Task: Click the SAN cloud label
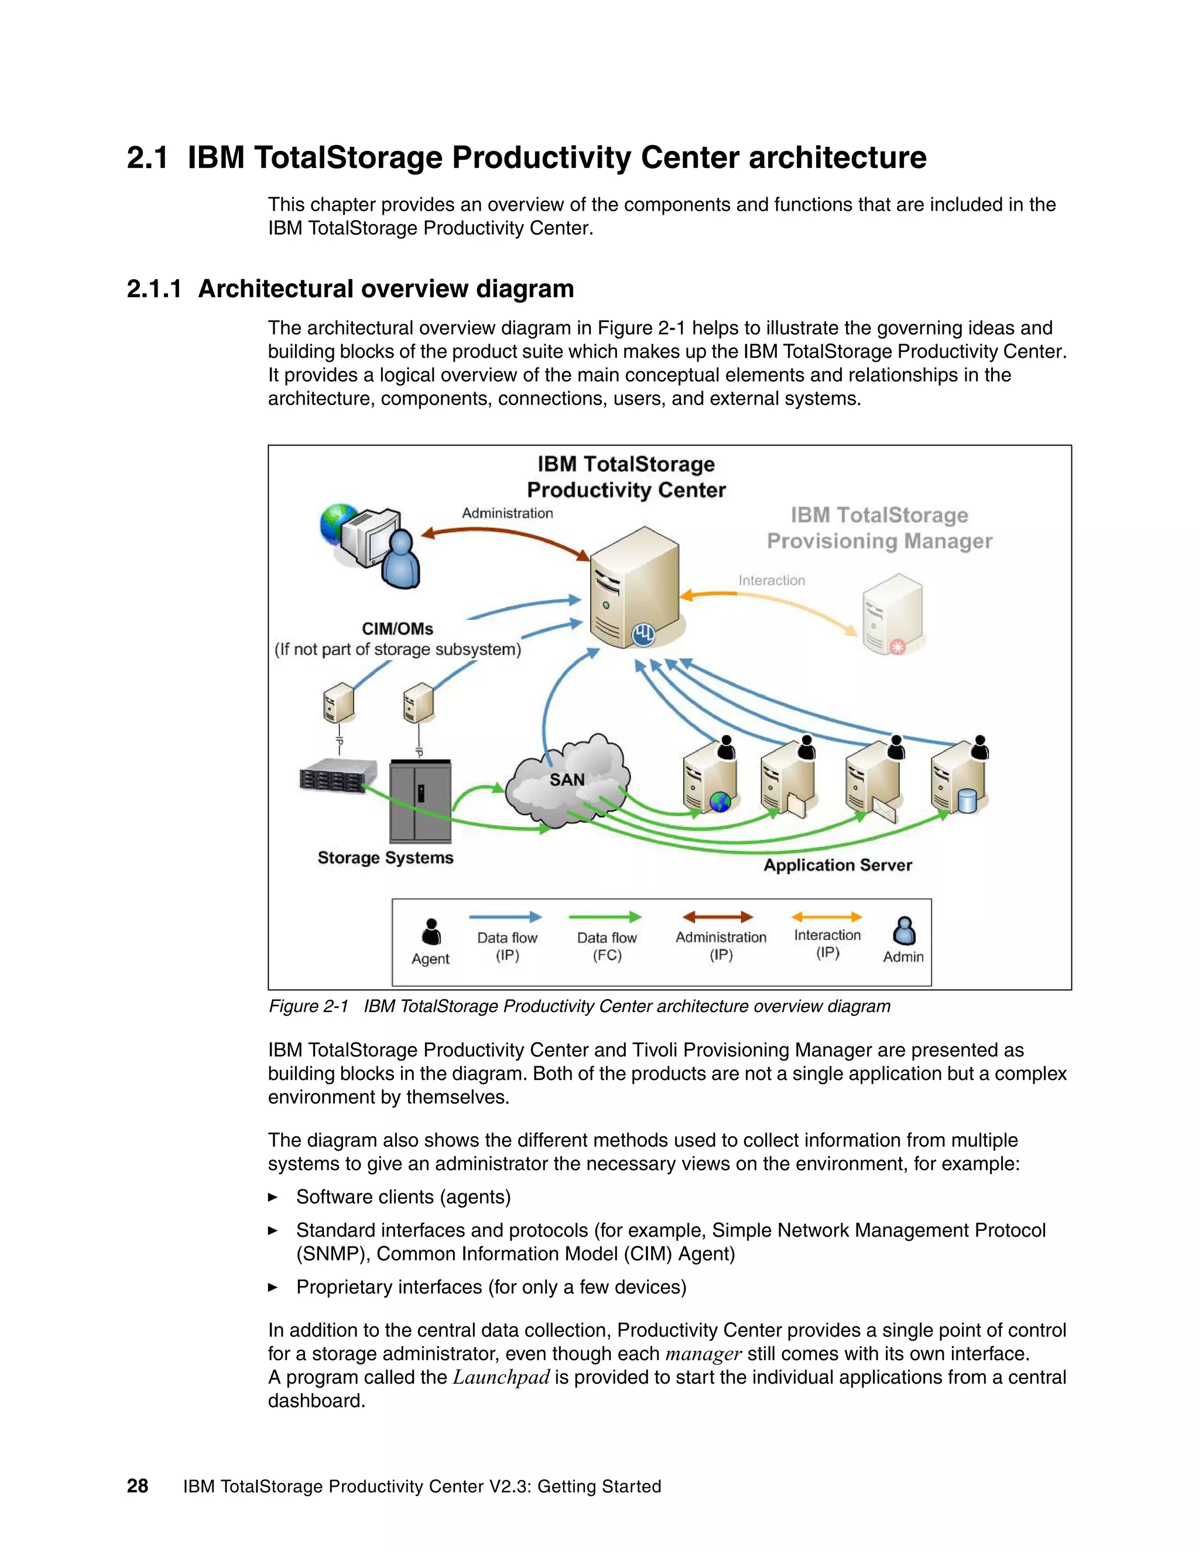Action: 567,780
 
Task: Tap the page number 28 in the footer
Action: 137,1485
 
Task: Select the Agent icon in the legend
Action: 431,931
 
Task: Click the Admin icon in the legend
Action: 903,931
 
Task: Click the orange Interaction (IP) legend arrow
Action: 827,917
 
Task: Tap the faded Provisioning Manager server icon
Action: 892,615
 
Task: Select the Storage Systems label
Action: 385,858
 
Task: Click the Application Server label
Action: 837,865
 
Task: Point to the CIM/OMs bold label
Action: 397,629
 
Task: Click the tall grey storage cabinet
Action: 420,801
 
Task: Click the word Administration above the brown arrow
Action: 507,513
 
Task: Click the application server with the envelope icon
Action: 873,781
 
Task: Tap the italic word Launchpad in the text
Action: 501,1377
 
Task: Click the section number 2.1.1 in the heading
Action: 154,289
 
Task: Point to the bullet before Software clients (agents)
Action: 273,1197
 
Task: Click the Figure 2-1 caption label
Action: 309,1006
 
